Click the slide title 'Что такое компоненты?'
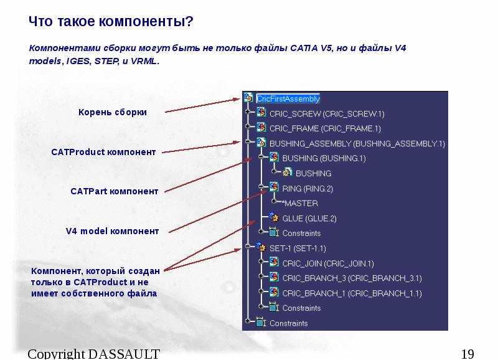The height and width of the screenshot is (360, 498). tap(111, 22)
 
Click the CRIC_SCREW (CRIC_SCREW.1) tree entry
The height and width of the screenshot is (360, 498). tap(327, 114)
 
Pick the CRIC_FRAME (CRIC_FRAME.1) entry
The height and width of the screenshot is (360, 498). tap(324, 129)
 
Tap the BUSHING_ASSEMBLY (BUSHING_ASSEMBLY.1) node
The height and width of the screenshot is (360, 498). tap(357, 144)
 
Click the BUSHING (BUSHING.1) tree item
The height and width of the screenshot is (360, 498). tap(324, 159)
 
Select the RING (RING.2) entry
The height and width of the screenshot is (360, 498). tap(308, 189)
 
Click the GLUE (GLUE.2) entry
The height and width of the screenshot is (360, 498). tap(309, 219)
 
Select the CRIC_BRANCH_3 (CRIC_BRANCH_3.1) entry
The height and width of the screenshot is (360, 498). tap(352, 278)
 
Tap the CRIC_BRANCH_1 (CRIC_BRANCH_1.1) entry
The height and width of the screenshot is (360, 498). tap(352, 293)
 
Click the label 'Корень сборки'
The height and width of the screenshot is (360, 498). tap(112, 112)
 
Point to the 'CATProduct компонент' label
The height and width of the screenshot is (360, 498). tap(103, 152)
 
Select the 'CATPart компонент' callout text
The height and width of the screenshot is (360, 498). tap(114, 191)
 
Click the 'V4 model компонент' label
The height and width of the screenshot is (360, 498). tap(112, 231)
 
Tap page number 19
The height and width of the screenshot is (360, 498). tap(467, 354)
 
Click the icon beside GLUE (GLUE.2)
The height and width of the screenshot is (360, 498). tap(274, 218)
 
